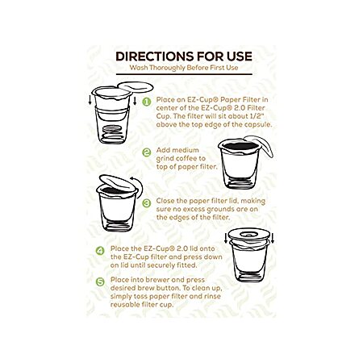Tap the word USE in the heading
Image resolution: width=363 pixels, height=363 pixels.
tap(239, 56)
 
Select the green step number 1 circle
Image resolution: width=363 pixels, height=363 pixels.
tap(147, 102)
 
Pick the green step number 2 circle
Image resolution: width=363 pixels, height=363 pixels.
tap(147, 152)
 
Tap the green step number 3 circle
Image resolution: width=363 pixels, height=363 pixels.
tap(147, 203)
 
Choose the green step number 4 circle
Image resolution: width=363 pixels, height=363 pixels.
tap(100, 251)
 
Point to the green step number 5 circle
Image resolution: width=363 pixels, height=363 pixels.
tap(100, 282)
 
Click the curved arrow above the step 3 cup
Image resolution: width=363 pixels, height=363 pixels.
tap(140, 186)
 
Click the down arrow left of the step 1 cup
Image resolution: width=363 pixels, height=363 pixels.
tap(90, 101)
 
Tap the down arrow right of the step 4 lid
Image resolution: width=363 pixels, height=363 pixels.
tap(273, 238)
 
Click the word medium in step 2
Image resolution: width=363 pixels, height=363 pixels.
tap(186, 150)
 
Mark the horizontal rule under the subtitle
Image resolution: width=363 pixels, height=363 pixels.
tap(184, 74)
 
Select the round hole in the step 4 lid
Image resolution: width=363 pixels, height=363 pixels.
tap(249, 235)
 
